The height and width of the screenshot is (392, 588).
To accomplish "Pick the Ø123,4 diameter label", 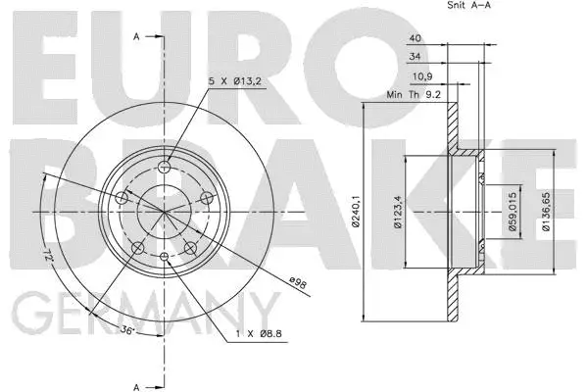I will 400,211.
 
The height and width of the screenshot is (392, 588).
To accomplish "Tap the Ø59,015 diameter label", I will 513,211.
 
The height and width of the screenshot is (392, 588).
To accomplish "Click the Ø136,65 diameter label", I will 547,211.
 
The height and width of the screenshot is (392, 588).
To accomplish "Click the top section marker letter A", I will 136,36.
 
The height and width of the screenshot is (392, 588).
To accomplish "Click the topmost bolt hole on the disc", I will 164,166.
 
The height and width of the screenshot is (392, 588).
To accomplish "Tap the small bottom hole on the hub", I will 164,258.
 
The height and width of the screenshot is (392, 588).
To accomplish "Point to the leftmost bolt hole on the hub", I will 122,199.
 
